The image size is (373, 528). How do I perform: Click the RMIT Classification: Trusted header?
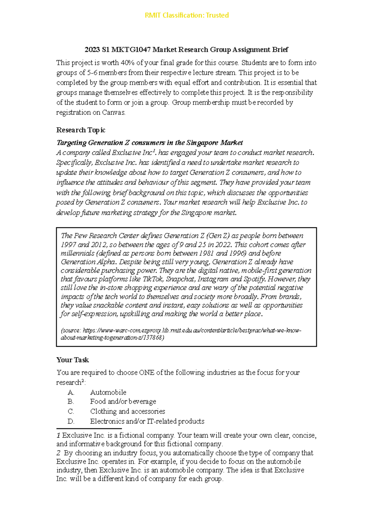(x=186, y=15)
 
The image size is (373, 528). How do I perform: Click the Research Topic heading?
(x=81, y=130)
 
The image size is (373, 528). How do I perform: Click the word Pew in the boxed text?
(x=80, y=236)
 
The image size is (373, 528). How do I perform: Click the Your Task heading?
(x=72, y=360)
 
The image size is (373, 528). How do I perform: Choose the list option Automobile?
(x=108, y=392)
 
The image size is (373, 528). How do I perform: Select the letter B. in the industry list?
(x=71, y=402)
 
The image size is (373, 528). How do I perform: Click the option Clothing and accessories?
(x=127, y=411)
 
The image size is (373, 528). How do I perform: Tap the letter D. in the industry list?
(x=71, y=421)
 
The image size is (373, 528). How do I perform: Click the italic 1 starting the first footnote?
(x=58, y=435)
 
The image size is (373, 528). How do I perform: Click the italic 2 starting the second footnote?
(x=58, y=453)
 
